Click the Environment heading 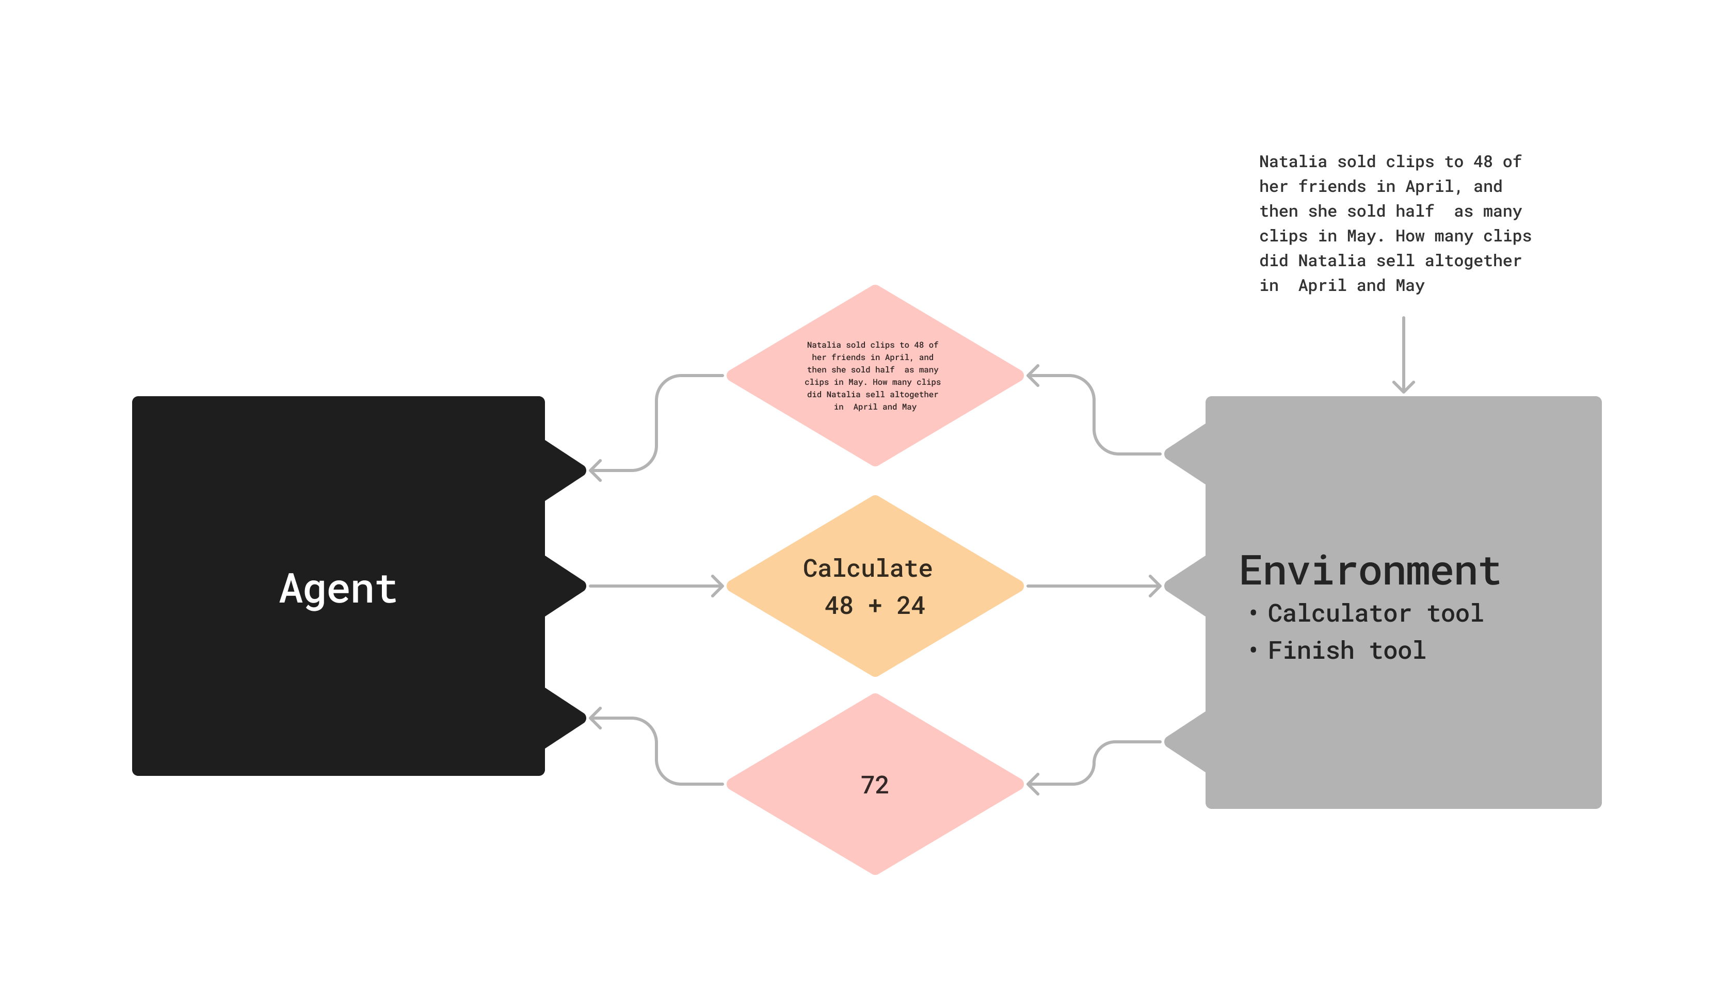pyautogui.click(x=1369, y=571)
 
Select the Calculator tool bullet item pyautogui.click(x=1375, y=613)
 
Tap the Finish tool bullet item pyautogui.click(x=1346, y=650)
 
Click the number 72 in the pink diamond pyautogui.click(x=875, y=785)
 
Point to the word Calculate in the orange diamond pyautogui.click(x=868, y=568)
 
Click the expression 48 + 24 pyautogui.click(x=875, y=605)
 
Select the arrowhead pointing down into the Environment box pyautogui.click(x=1403, y=385)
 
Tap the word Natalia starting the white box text pyautogui.click(x=1292, y=161)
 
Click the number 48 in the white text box pyautogui.click(x=1482, y=161)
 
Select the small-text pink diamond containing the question pyautogui.click(x=875, y=376)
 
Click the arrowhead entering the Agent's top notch pyautogui.click(x=595, y=470)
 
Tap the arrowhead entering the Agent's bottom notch pyautogui.click(x=595, y=718)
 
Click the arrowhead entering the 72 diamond pyautogui.click(x=1032, y=784)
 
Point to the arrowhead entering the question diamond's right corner pyautogui.click(x=1032, y=376)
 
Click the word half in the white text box pyautogui.click(x=1414, y=211)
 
